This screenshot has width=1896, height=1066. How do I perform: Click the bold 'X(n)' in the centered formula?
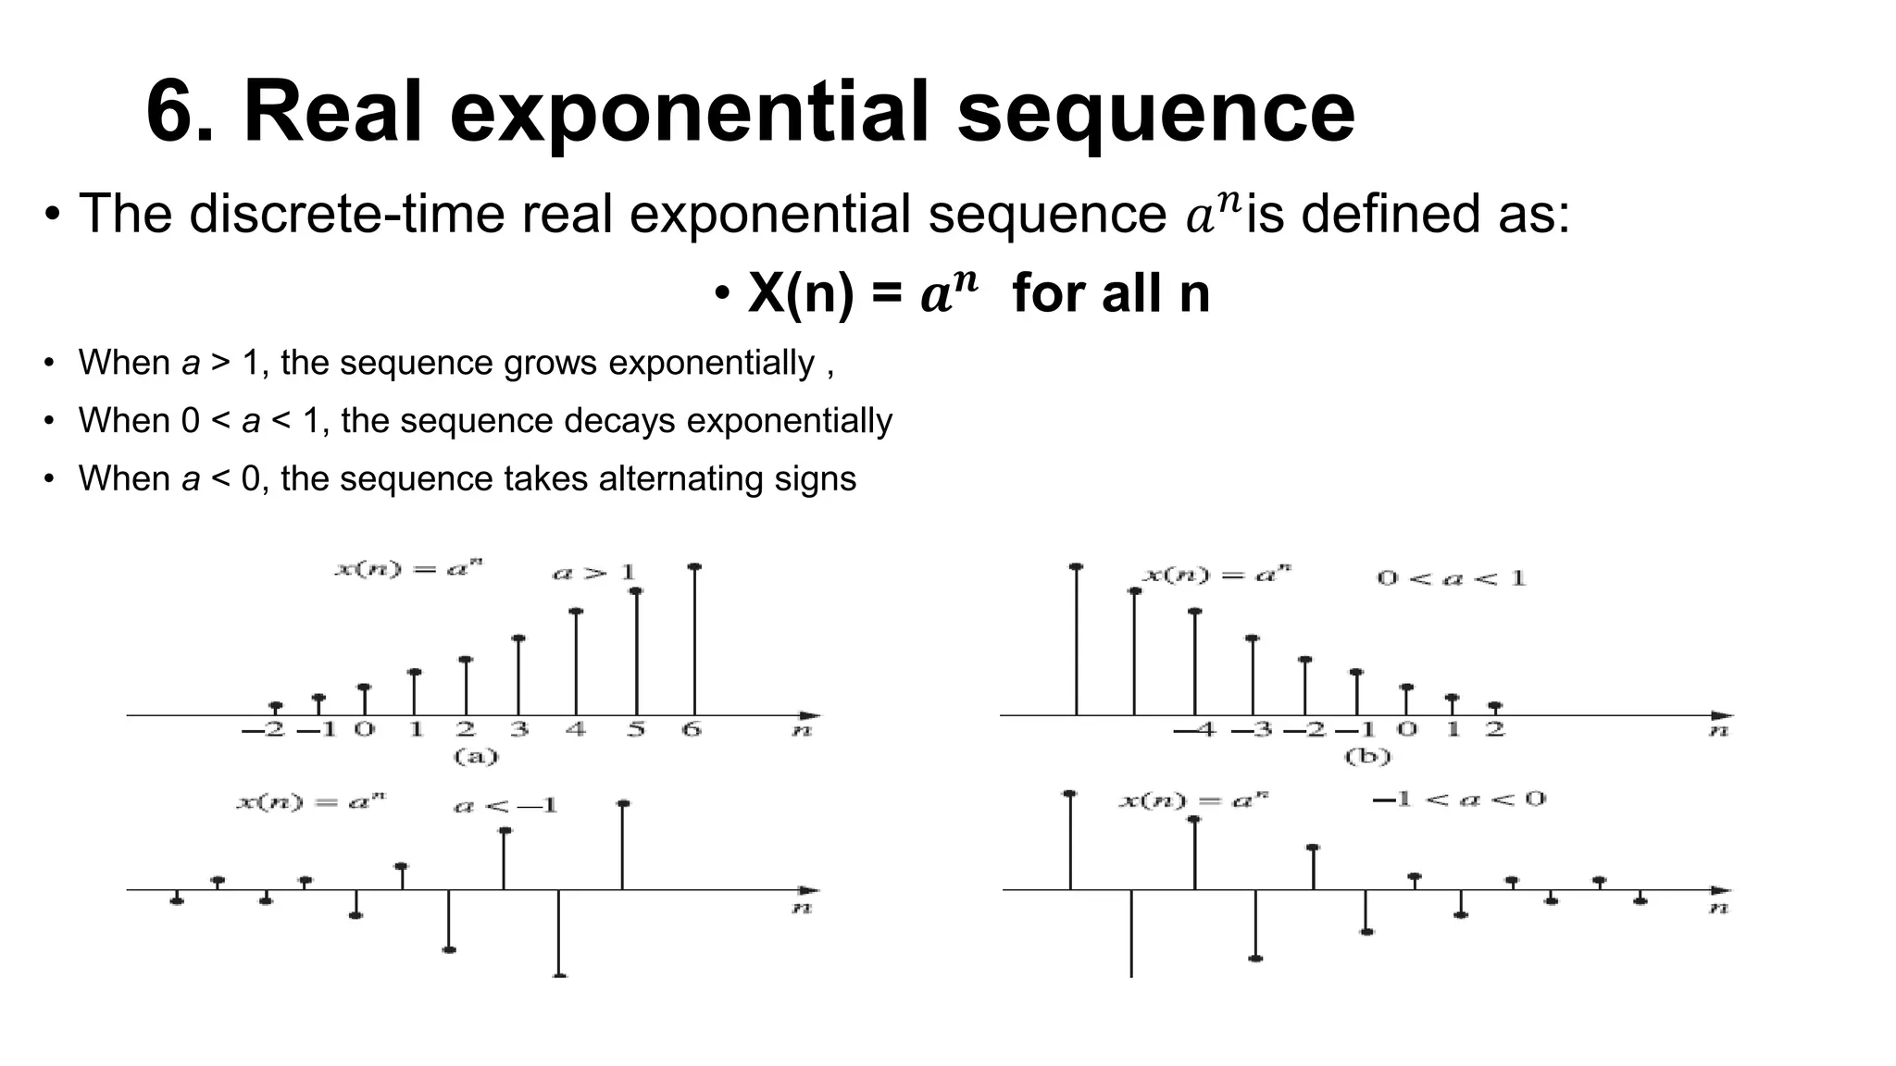click(x=799, y=293)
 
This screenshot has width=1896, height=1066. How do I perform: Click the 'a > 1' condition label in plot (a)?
click(x=593, y=573)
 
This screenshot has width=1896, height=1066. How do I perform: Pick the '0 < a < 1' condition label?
click(x=1451, y=579)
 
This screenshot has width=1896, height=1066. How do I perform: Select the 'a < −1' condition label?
click(x=505, y=806)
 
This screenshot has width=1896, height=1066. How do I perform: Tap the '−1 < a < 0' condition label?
click(x=1458, y=799)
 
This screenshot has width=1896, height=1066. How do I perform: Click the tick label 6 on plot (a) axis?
click(x=692, y=730)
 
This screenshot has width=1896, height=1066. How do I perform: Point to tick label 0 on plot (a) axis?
click(x=365, y=730)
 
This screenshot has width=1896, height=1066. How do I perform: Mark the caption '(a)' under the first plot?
click(x=476, y=757)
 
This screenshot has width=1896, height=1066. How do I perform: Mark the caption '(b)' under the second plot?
click(x=1367, y=757)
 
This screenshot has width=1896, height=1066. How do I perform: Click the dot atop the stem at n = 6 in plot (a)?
click(x=694, y=567)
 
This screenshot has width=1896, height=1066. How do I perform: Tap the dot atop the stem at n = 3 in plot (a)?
click(x=518, y=638)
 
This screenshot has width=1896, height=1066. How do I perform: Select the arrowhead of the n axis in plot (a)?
click(x=810, y=715)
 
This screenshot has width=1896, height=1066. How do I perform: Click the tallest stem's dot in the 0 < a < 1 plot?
click(x=1076, y=566)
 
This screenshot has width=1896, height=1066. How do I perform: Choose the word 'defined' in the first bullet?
click(x=1385, y=214)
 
